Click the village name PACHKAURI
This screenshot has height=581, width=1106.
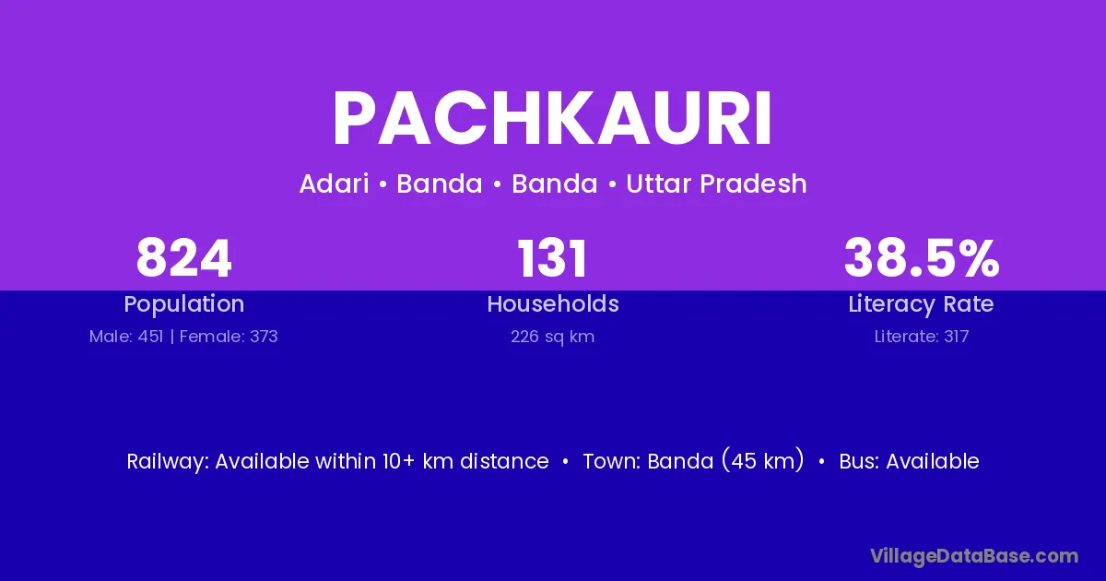click(552, 119)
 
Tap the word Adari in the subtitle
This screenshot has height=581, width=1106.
click(335, 184)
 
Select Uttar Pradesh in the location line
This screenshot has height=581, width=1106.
click(716, 184)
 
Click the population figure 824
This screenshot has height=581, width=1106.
click(183, 258)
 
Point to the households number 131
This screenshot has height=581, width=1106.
click(552, 258)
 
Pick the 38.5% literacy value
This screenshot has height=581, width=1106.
click(922, 258)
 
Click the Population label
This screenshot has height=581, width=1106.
click(183, 304)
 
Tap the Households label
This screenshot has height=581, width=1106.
click(553, 303)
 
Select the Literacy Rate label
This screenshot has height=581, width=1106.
click(922, 304)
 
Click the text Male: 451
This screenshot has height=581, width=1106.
click(126, 337)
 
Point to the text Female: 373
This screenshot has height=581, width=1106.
click(229, 337)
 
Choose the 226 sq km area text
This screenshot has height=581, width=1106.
click(552, 337)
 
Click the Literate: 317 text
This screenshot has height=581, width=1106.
click(922, 337)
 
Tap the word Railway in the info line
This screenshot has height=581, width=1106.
click(168, 461)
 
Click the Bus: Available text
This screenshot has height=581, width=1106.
click(909, 461)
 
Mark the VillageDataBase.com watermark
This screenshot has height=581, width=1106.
click(974, 556)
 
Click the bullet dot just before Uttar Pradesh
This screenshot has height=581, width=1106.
click(612, 184)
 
